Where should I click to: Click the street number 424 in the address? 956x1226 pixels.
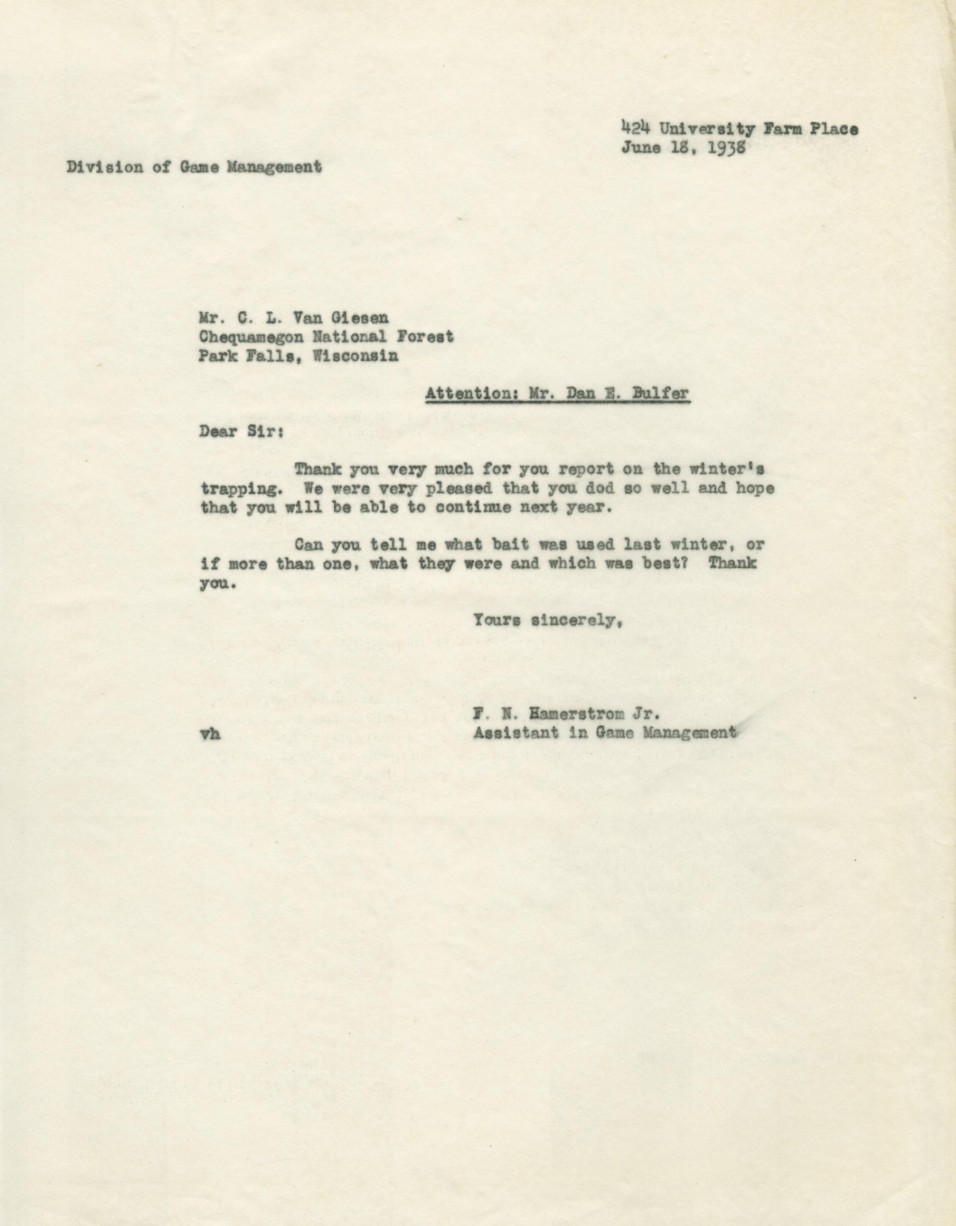click(x=635, y=128)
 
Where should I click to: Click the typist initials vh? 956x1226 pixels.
click(x=209, y=733)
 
